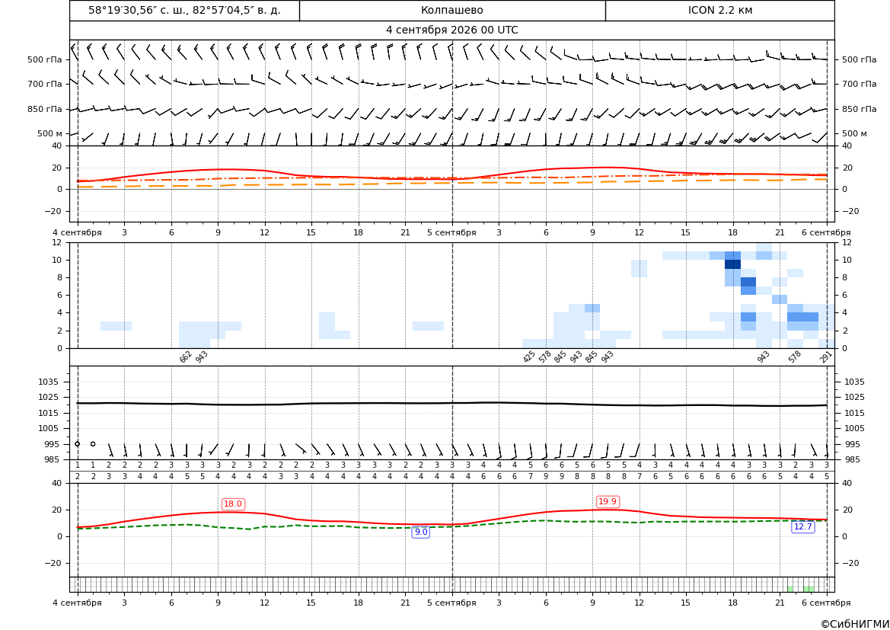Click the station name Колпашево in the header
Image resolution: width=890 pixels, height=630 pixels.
click(x=451, y=10)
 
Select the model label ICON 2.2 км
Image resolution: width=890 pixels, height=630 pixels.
click(x=719, y=10)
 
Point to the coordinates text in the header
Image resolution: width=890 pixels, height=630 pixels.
click(x=184, y=10)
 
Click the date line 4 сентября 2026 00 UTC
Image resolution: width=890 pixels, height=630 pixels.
click(x=451, y=30)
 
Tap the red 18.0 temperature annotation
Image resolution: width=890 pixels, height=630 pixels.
click(x=233, y=504)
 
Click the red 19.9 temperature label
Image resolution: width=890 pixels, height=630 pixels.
click(x=608, y=501)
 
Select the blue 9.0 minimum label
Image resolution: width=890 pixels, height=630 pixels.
click(x=420, y=532)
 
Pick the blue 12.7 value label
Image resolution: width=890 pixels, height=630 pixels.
click(x=803, y=526)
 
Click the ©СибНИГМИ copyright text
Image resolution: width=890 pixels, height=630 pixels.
click(x=855, y=624)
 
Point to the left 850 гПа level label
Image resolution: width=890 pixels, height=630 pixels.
click(x=45, y=109)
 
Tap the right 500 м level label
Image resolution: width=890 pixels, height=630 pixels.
click(x=854, y=133)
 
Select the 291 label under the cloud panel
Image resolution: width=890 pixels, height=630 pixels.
click(x=826, y=357)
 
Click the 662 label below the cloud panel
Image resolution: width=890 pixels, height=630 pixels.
click(x=186, y=357)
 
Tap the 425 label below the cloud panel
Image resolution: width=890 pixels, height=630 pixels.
click(x=529, y=357)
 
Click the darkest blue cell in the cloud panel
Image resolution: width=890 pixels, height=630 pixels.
click(x=732, y=264)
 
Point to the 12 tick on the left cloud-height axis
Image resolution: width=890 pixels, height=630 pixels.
click(x=57, y=242)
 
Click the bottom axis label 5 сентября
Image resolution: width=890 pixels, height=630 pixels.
click(x=451, y=603)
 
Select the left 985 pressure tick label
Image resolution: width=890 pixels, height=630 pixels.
click(x=52, y=459)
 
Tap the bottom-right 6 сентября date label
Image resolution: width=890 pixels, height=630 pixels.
click(x=826, y=603)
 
